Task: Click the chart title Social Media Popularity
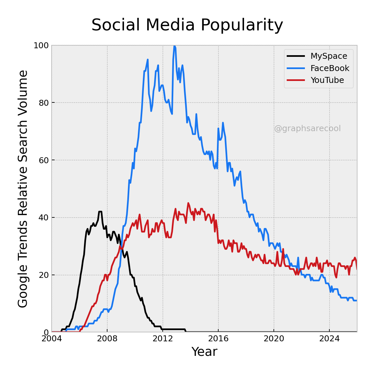187,25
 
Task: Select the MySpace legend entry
329,56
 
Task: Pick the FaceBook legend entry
330,68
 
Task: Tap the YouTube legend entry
327,80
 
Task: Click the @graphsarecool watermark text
307,129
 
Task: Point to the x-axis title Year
204,352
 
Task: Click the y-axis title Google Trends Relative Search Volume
23,189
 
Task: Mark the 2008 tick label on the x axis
107,339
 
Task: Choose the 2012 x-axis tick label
163,339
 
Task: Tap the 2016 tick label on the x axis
218,339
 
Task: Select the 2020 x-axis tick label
274,339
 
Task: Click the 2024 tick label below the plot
329,339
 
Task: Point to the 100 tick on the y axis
41,46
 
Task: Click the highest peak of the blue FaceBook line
174,46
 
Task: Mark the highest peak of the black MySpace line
100,211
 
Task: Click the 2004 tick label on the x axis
52,339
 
